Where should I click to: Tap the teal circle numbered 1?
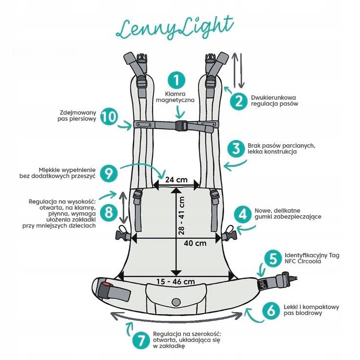[x=176, y=80]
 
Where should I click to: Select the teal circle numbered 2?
[x=239, y=100]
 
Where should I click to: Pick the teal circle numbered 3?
[x=236, y=148]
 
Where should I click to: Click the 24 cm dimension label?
[x=176, y=180]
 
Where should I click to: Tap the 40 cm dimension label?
[x=195, y=242]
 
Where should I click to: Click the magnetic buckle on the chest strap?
[x=181, y=126]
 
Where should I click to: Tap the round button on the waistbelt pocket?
[x=176, y=300]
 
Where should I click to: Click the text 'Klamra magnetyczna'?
[x=175, y=96]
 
